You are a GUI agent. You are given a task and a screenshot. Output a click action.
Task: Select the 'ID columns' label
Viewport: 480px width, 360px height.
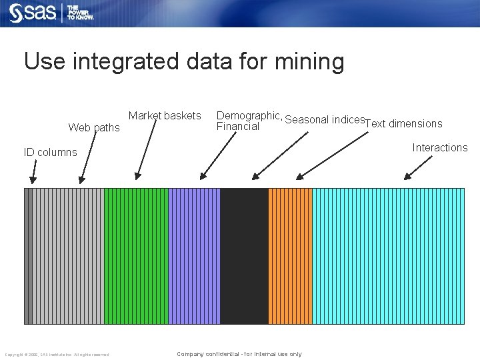pyautogui.click(x=51, y=152)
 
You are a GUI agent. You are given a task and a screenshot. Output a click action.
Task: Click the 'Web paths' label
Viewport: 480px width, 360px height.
pyautogui.click(x=94, y=127)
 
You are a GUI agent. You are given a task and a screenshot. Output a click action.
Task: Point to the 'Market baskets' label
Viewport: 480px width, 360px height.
pyautogui.click(x=165, y=116)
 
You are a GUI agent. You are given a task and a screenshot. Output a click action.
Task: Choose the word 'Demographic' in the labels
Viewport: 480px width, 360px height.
pyautogui.click(x=249, y=115)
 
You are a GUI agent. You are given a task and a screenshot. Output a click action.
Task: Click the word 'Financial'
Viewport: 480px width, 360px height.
pyautogui.click(x=238, y=127)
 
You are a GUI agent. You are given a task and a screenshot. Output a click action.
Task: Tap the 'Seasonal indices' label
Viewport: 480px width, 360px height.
pyautogui.click(x=325, y=120)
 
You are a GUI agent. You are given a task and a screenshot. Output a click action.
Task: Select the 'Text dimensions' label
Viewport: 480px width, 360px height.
pyautogui.click(x=404, y=123)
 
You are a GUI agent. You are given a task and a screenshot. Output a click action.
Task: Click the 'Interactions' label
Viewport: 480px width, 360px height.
pyautogui.click(x=440, y=147)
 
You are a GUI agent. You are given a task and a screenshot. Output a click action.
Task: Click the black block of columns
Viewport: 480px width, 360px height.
pyautogui.click(x=244, y=256)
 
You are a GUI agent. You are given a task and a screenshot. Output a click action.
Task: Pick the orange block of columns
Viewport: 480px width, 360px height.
pyautogui.click(x=290, y=256)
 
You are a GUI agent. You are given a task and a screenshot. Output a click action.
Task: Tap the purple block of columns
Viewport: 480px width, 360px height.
pyautogui.click(x=193, y=256)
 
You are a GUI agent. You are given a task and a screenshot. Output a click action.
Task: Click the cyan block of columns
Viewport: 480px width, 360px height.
pyautogui.click(x=388, y=256)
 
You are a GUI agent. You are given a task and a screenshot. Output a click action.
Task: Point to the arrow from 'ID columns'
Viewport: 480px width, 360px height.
pyautogui.click(x=34, y=174)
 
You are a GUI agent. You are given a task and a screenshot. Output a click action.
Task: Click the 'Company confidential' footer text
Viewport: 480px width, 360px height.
pyautogui.click(x=239, y=354)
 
